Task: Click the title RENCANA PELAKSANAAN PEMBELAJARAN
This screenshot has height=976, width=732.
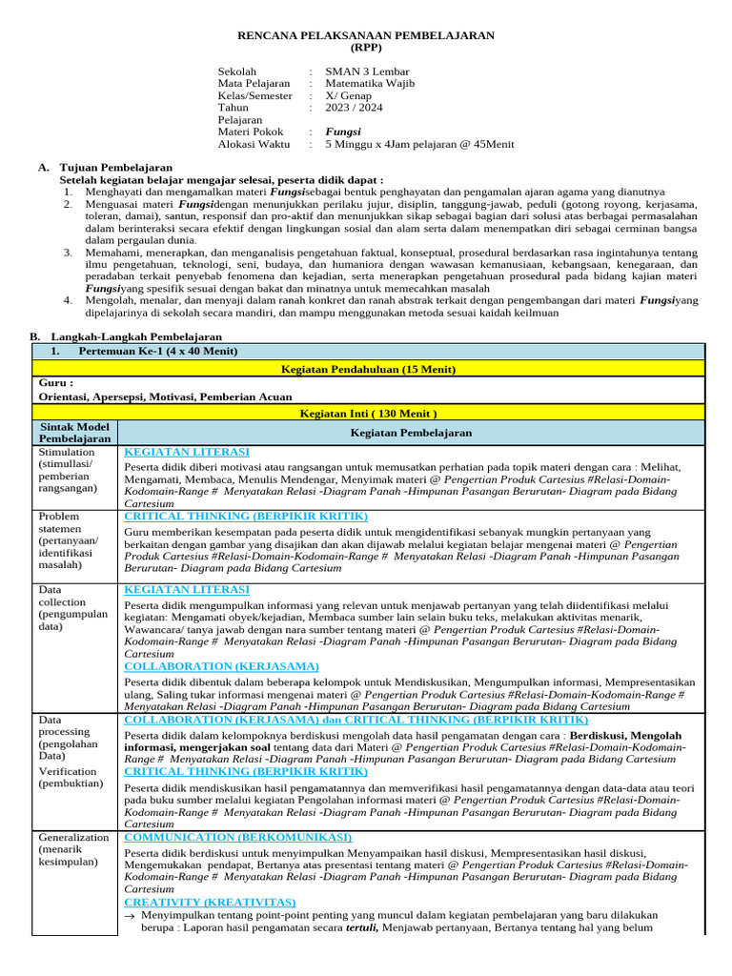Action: tap(366, 35)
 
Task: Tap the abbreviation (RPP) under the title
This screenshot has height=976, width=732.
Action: tap(365, 48)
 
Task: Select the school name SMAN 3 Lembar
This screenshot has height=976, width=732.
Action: tap(367, 71)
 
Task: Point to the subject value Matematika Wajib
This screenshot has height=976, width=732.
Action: tap(371, 84)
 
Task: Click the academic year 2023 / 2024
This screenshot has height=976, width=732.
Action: tap(354, 108)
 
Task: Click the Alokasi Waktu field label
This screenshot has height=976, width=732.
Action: tap(254, 144)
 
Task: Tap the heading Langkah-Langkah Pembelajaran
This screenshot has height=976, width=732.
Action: tap(140, 336)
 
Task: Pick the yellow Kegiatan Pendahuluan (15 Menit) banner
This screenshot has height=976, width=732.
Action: tap(367, 368)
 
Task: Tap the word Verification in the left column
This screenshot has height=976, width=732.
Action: tap(68, 771)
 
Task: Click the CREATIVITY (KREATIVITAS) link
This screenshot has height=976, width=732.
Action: tap(210, 901)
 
